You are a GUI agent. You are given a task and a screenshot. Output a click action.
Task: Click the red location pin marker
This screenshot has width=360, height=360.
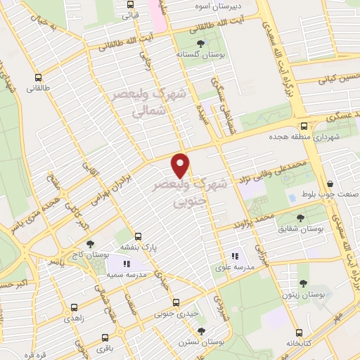tap(181, 165)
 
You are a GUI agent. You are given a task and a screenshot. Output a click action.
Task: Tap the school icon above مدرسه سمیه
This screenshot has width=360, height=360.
tap(127, 264)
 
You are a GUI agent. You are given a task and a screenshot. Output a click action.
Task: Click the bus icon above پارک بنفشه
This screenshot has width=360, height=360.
tap(139, 237)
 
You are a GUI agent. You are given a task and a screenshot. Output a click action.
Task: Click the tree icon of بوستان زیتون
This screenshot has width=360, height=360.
tap(303, 283)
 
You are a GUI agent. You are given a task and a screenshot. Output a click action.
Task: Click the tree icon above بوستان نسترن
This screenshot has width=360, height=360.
tap(202, 330)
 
